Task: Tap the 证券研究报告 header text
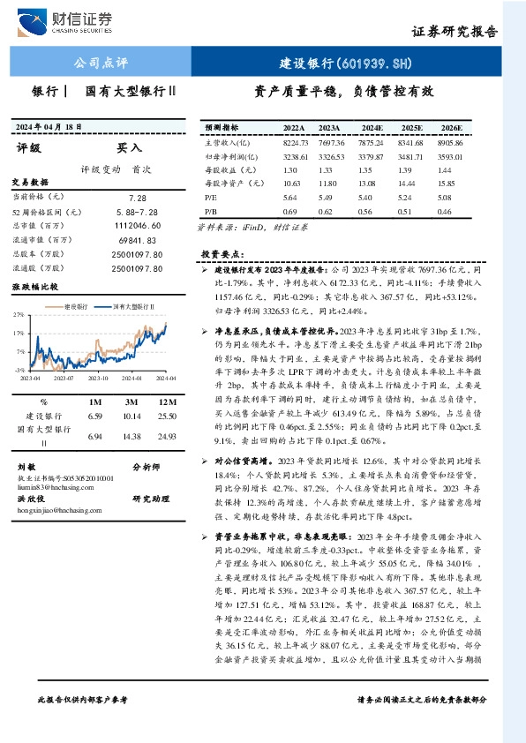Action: point(455,31)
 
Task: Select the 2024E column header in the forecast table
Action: point(372,128)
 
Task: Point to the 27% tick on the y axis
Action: point(19,315)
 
